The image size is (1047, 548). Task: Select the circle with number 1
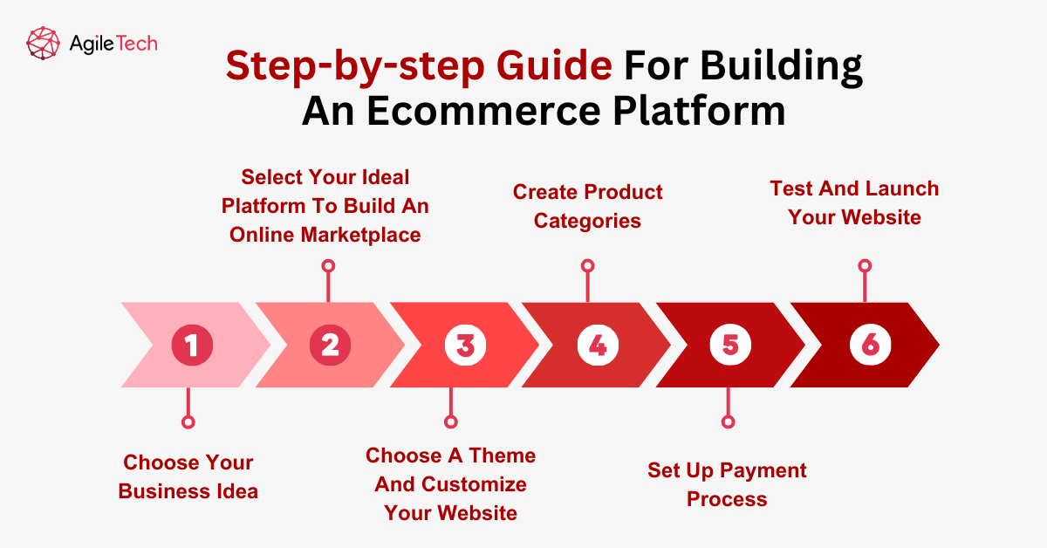[x=192, y=346]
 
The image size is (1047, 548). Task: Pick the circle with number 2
[x=330, y=346]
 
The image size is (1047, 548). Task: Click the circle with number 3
[x=465, y=346]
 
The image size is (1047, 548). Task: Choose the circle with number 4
[x=598, y=346]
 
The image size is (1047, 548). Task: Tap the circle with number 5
[x=730, y=346]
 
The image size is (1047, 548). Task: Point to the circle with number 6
[x=870, y=346]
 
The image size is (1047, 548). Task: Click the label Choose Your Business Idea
[x=188, y=476]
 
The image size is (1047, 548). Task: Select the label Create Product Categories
[x=587, y=206]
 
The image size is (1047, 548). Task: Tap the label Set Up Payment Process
[x=727, y=484]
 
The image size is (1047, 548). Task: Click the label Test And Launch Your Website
[x=854, y=202]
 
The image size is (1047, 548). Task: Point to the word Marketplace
[x=361, y=235]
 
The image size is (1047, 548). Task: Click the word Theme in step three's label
[x=502, y=456]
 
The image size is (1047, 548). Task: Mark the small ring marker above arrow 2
[x=328, y=265]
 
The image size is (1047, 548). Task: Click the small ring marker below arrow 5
[x=728, y=421]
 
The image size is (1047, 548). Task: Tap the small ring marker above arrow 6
[x=865, y=265]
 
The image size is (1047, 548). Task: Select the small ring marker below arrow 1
[x=187, y=421]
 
